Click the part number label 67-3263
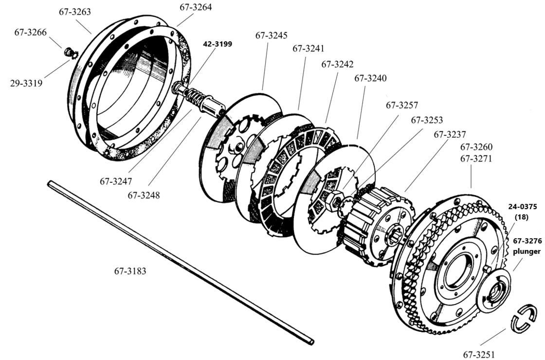click(73, 12)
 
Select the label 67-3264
click(196, 8)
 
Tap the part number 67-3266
click(31, 33)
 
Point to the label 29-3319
click(26, 83)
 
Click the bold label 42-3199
click(218, 43)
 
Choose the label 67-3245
click(271, 36)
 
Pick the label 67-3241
click(308, 49)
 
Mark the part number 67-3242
click(337, 64)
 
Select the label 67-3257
click(402, 105)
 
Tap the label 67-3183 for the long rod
click(130, 271)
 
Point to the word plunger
click(527, 252)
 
